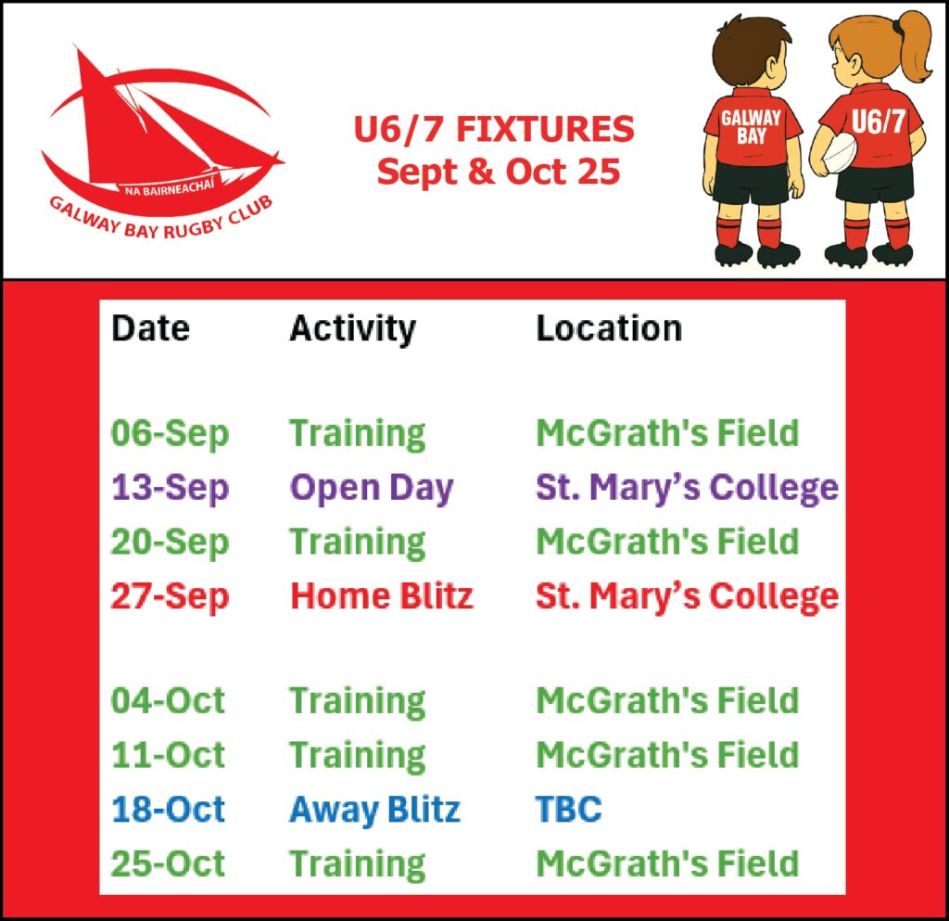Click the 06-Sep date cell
(x=171, y=434)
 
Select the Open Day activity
(x=372, y=488)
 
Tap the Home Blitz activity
(x=381, y=595)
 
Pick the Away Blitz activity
(x=374, y=810)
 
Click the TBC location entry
(x=569, y=809)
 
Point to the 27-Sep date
(x=171, y=597)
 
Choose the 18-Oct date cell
(x=168, y=809)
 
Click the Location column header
(x=609, y=328)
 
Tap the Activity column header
(x=353, y=330)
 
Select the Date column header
(x=151, y=328)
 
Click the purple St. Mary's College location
(x=688, y=488)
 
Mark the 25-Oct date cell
(x=168, y=863)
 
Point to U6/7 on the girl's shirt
(x=879, y=122)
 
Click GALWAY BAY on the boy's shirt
(x=751, y=127)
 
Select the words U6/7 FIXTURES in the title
(x=494, y=129)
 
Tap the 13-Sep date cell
(x=171, y=489)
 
